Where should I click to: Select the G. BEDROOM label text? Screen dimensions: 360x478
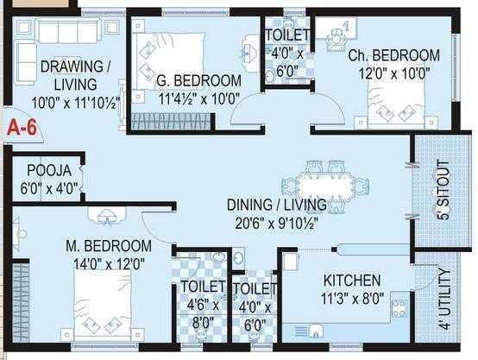pyautogui.click(x=199, y=80)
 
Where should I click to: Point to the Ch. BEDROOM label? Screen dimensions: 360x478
pyautogui.click(x=394, y=55)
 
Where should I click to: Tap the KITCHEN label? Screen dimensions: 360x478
pyautogui.click(x=351, y=281)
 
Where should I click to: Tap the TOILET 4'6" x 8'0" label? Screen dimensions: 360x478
pyautogui.click(x=202, y=302)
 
